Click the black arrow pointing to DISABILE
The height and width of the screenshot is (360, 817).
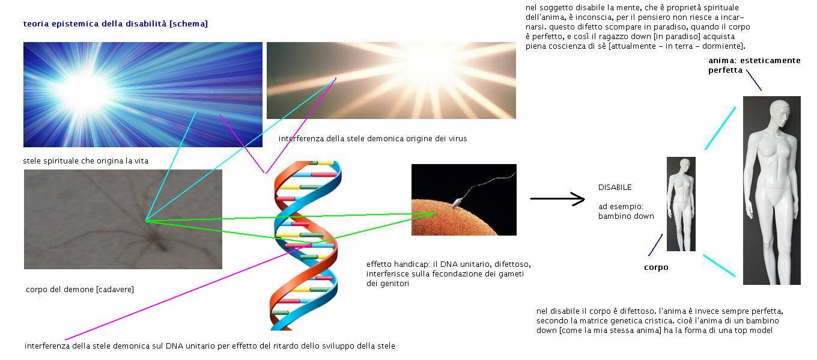tap(557, 199)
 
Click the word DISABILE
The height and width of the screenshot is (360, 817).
tap(615, 188)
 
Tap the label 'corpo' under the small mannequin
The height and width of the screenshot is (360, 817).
tap(656, 267)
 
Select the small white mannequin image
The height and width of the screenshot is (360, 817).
tap(681, 204)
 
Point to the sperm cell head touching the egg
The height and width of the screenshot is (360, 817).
tap(457, 202)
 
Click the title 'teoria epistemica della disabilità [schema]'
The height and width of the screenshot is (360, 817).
tap(115, 24)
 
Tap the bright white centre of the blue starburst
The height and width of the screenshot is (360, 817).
tap(85, 91)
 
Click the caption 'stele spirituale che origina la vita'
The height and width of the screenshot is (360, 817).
tap(86, 161)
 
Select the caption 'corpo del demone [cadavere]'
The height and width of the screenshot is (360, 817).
tap(80, 290)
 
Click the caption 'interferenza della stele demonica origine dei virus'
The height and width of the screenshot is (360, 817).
tap(372, 139)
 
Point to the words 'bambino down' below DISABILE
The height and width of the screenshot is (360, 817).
tap(626, 216)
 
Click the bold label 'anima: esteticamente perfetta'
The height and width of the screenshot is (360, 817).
tap(754, 66)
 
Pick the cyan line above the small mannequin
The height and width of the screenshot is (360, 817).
tap(720, 128)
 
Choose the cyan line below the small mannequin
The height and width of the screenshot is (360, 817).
tap(719, 266)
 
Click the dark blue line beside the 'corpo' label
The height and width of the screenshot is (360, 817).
tap(655, 245)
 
